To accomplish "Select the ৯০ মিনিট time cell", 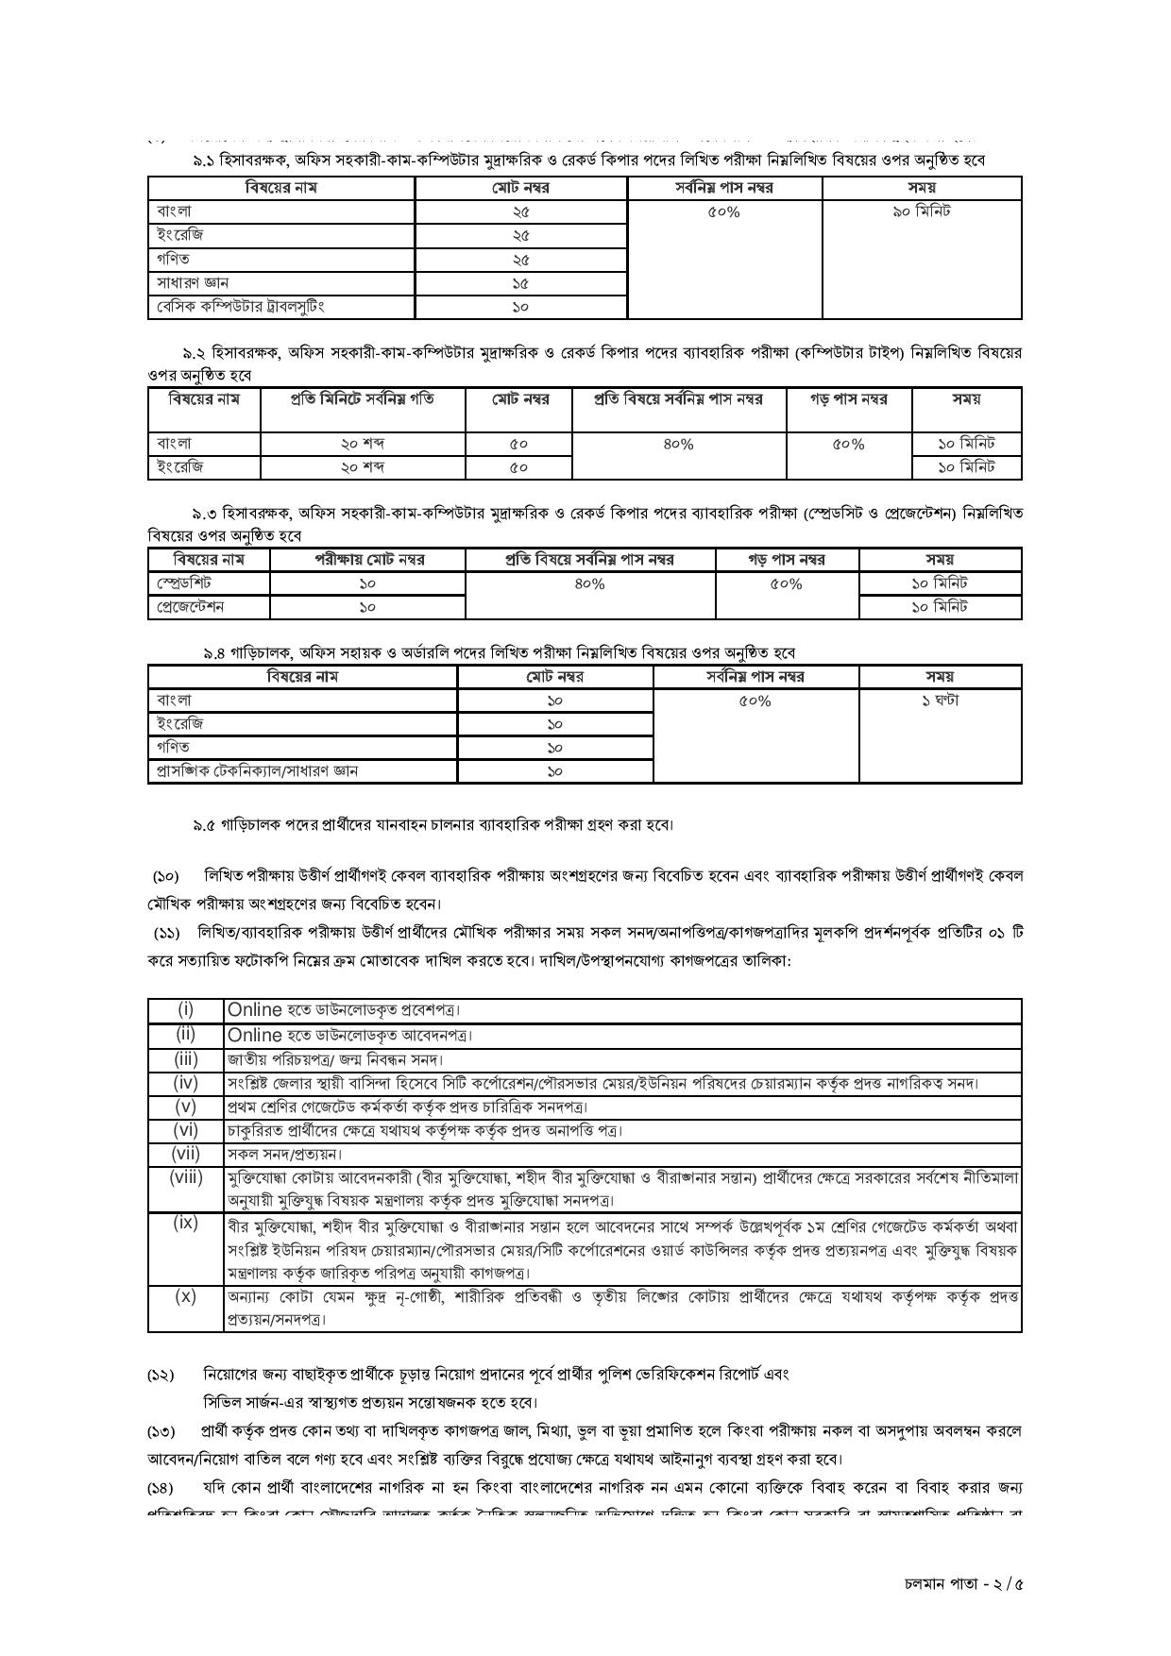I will (921, 211).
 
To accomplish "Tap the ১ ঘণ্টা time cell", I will (940, 701).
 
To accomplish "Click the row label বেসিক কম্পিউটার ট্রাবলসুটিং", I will (241, 306).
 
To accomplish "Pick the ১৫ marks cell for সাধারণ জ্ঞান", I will (520, 282).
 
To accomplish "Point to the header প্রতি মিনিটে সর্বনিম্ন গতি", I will (363, 398).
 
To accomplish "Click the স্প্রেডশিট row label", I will (185, 583).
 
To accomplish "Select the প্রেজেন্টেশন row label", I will (191, 607).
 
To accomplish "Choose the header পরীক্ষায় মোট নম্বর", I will (369, 559).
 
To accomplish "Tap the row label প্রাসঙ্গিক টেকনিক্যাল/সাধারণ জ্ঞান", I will (258, 770).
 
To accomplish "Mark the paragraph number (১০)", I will (166, 876).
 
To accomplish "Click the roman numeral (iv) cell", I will (185, 1082).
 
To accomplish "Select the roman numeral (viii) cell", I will (185, 1176).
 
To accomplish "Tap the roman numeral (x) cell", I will (185, 1296).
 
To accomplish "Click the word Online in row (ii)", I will (254, 1035).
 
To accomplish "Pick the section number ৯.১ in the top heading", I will (204, 161).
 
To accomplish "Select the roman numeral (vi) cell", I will (185, 1129).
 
